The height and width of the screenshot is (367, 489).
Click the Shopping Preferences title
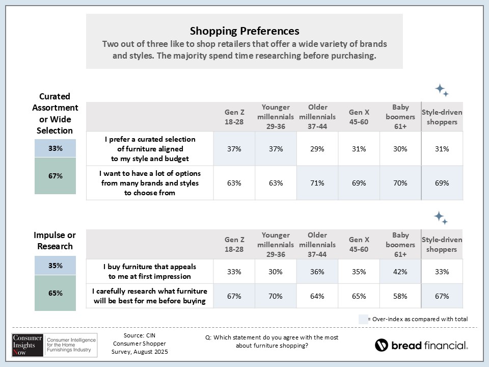click(244, 31)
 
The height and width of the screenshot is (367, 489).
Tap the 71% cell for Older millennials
click(317, 183)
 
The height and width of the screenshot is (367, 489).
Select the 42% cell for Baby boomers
click(400, 272)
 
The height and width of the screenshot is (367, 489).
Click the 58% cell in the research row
click(400, 296)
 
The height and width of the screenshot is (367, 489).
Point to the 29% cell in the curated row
click(317, 149)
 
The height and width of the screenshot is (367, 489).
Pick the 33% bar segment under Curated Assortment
click(56, 148)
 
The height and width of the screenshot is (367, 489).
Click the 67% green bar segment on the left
click(56, 176)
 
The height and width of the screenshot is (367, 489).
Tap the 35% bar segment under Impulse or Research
click(56, 266)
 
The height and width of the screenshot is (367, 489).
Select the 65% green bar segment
click(56, 293)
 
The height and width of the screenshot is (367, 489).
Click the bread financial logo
click(421, 345)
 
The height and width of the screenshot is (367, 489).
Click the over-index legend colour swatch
click(363, 319)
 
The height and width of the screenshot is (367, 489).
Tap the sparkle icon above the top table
click(441, 90)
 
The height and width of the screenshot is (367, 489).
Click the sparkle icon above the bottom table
click(441, 218)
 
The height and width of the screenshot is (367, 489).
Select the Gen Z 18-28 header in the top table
click(234, 116)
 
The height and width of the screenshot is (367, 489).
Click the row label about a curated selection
click(150, 148)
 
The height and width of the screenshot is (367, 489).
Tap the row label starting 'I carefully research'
click(150, 296)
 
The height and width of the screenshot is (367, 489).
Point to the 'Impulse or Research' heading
click(55, 241)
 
